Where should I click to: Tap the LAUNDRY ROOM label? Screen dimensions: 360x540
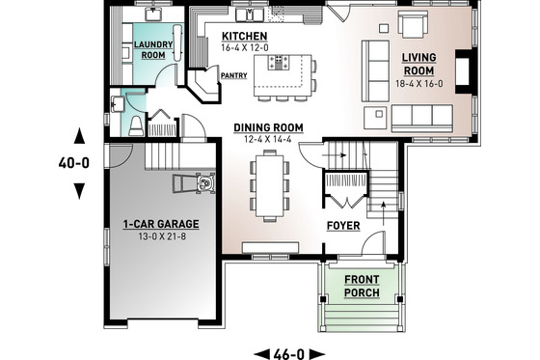(x=153, y=50)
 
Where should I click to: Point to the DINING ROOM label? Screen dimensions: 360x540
(x=269, y=127)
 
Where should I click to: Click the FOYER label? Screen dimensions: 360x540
(x=343, y=228)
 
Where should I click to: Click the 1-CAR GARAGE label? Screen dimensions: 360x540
(x=160, y=224)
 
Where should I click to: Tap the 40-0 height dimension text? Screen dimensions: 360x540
(x=73, y=163)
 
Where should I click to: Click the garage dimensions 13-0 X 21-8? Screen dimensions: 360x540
(x=160, y=236)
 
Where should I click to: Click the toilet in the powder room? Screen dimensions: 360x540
(x=136, y=126)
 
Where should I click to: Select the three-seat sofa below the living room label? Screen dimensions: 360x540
(x=422, y=119)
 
